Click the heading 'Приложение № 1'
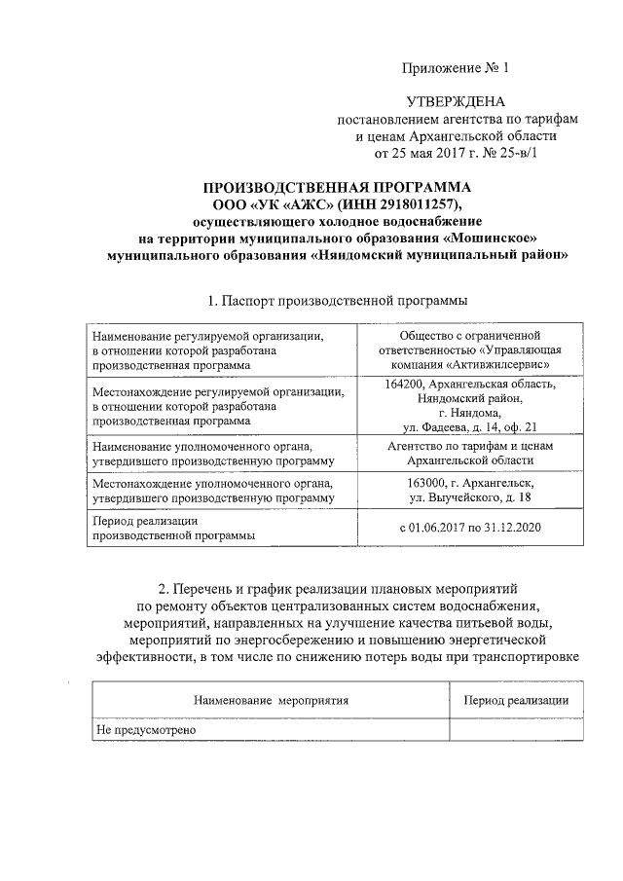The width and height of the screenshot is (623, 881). point(456,68)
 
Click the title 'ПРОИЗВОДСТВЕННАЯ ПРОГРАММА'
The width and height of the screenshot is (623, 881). point(337,188)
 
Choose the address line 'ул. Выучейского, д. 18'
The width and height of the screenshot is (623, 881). point(471,497)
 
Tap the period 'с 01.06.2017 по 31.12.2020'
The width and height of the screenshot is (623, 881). point(471,528)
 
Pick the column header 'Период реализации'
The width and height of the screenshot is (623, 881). point(516,700)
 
